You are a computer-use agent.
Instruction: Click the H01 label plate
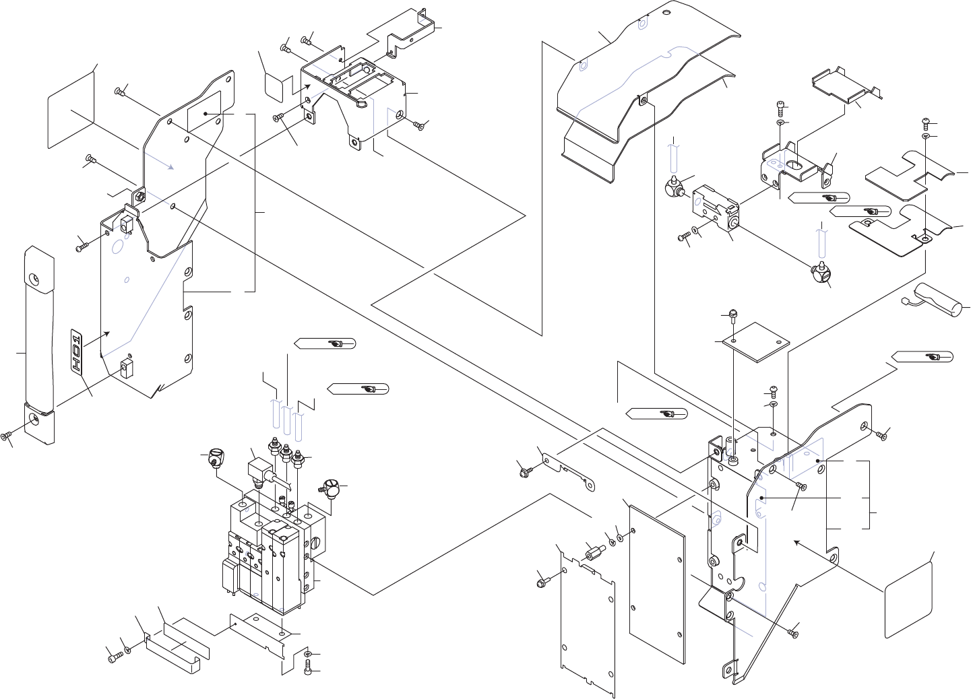click(77, 352)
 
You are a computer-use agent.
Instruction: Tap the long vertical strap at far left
click(38, 343)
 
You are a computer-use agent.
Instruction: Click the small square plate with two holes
click(756, 342)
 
